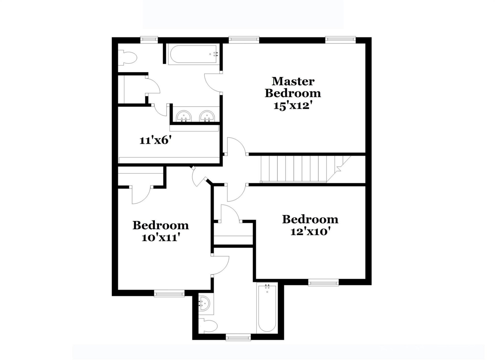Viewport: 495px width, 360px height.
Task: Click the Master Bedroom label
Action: pyautogui.click(x=293, y=87)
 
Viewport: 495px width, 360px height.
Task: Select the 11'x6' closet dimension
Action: pyautogui.click(x=155, y=140)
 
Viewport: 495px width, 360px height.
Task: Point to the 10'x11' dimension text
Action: pyautogui.click(x=160, y=238)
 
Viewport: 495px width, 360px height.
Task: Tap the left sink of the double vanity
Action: pyautogui.click(x=184, y=116)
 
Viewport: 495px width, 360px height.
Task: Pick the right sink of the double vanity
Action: pyautogui.click(x=207, y=116)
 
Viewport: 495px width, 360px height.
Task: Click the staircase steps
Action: pyautogui.click(x=296, y=169)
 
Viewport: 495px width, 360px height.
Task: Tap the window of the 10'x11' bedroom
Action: pyautogui.click(x=169, y=293)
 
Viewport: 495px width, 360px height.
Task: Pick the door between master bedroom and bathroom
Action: pyautogui.click(x=213, y=82)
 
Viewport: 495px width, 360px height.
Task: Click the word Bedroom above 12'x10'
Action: pyautogui.click(x=310, y=219)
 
